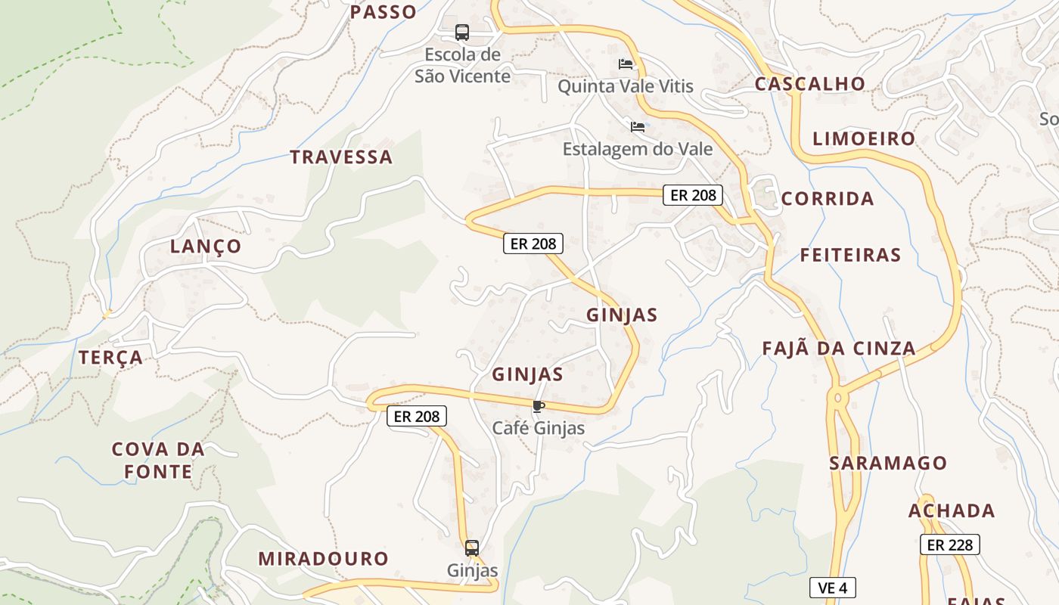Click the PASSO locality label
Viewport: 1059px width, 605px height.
click(x=384, y=11)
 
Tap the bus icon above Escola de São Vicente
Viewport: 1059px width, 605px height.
click(x=461, y=33)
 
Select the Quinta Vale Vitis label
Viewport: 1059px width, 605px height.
click(x=625, y=86)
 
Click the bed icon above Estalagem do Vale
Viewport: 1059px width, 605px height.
click(x=638, y=126)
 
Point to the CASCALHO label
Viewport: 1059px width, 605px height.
click(x=809, y=84)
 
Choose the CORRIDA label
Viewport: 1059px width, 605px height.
click(x=828, y=199)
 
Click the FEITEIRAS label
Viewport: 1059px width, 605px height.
click(x=850, y=255)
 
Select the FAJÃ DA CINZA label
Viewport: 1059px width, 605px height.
click(x=838, y=349)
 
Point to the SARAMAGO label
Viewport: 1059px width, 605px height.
click(x=888, y=464)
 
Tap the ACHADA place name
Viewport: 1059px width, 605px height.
click(x=952, y=511)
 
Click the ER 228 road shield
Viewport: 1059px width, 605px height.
click(x=949, y=544)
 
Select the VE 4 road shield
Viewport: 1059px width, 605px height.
click(x=832, y=588)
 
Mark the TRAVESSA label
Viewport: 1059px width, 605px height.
click(x=341, y=157)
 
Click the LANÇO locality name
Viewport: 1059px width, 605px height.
click(x=206, y=247)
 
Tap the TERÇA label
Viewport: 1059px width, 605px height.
click(x=111, y=358)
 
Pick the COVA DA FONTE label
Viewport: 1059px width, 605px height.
click(x=158, y=461)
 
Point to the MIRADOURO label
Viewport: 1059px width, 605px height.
click(x=323, y=559)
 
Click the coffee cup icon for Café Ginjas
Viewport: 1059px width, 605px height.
click(x=538, y=407)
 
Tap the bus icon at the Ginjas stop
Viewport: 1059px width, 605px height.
click(x=472, y=548)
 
